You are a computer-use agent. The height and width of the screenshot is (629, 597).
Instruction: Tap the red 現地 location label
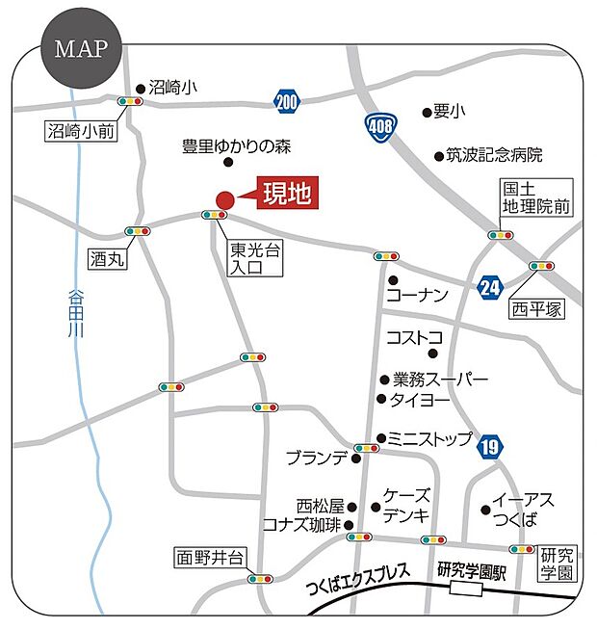286,194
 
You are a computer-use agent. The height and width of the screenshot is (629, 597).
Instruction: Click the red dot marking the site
224,199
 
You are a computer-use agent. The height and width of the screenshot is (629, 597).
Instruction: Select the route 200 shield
286,99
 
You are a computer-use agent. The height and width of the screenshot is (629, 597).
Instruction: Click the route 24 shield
490,286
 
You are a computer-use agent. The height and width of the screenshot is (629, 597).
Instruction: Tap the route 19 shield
490,445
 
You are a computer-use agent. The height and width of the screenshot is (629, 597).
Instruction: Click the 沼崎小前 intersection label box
81,131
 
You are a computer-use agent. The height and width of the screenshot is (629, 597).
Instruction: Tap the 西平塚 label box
537,309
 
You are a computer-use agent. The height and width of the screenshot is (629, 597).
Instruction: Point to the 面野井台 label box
211,558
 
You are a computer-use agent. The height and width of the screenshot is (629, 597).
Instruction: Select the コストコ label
414,337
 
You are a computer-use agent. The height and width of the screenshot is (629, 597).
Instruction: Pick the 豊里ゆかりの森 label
236,147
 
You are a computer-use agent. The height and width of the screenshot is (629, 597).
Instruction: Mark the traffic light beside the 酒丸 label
138,231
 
